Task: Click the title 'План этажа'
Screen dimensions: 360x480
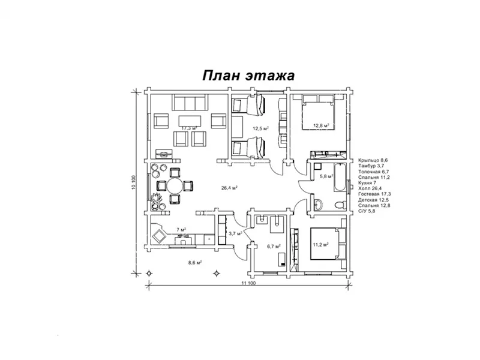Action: (248, 76)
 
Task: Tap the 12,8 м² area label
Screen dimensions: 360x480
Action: (321, 125)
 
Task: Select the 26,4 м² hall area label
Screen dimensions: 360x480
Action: (230, 188)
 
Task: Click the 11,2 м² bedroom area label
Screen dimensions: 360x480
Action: (321, 244)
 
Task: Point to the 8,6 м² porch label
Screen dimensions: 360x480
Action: (194, 262)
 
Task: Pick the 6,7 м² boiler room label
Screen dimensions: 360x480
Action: (274, 246)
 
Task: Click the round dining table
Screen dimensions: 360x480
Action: (175, 185)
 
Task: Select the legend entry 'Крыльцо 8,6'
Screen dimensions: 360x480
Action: (373, 160)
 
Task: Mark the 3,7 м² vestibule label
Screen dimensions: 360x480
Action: (235, 233)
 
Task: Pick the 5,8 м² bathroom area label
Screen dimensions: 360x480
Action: (326, 176)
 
